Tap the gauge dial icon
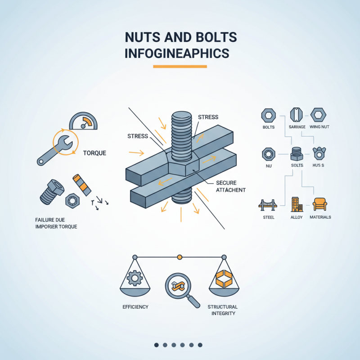click(x=83, y=121)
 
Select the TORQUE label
click(x=94, y=153)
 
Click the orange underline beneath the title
click(x=180, y=67)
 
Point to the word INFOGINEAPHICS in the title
click(x=176, y=53)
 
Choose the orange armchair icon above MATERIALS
click(x=320, y=204)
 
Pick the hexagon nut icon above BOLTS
click(x=269, y=115)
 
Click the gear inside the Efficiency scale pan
click(x=135, y=279)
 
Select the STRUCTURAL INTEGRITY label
click(x=223, y=310)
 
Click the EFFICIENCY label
click(x=135, y=307)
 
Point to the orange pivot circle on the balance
click(x=180, y=256)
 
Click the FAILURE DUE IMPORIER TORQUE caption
click(x=56, y=223)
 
